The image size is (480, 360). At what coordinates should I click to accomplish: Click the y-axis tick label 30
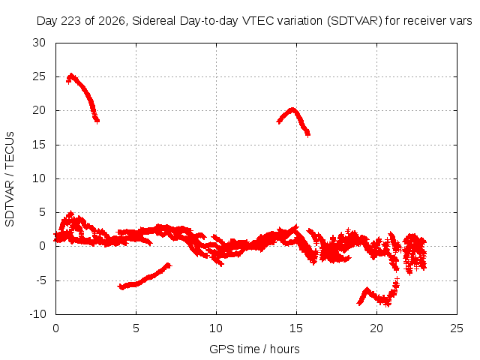pyautogui.click(x=39, y=43)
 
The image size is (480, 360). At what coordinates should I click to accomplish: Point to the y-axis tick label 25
pyautogui.click(x=39, y=76)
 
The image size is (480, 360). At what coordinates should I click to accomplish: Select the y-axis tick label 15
pyautogui.click(x=39, y=145)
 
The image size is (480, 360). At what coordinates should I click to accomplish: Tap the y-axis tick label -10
pyautogui.click(x=37, y=314)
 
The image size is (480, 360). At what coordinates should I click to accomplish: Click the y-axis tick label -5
pyautogui.click(x=39, y=280)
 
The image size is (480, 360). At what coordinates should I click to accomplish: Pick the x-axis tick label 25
pyautogui.click(x=457, y=328)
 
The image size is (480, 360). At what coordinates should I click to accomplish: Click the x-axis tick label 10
pyautogui.click(x=216, y=328)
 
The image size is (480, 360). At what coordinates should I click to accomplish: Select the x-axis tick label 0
pyautogui.click(x=55, y=328)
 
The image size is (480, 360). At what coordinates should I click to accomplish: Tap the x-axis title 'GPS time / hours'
pyautogui.click(x=254, y=349)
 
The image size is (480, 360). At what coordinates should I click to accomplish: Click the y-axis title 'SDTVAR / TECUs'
pyautogui.click(x=10, y=179)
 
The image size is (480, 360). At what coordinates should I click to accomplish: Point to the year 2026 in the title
pyautogui.click(x=111, y=21)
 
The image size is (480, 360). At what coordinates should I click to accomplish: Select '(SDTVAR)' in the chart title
pyautogui.click(x=355, y=21)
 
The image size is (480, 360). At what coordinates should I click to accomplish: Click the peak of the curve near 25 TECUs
pyautogui.click(x=71, y=75)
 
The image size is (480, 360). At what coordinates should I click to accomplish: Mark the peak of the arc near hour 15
pyautogui.click(x=292, y=109)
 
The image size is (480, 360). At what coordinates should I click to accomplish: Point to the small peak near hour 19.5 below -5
pyautogui.click(x=367, y=289)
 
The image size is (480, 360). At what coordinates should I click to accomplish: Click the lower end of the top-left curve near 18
pyautogui.click(x=97, y=121)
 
